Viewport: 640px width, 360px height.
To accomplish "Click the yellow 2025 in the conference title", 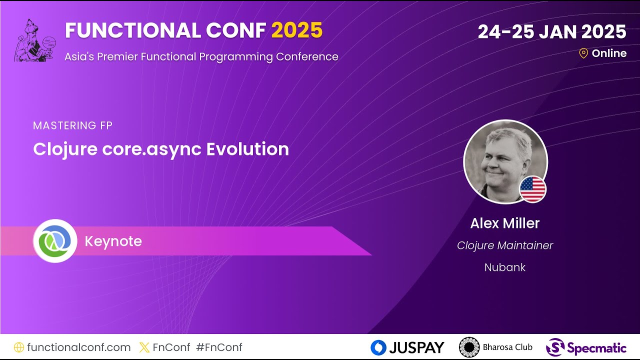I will (297, 31).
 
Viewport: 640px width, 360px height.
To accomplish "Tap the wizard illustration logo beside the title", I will (34, 41).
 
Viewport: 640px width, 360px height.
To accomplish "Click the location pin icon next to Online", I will (583, 53).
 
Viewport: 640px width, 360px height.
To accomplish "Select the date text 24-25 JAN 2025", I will (551, 32).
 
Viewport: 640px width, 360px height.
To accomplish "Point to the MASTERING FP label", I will (72, 125).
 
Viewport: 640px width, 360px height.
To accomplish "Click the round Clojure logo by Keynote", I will (55, 241).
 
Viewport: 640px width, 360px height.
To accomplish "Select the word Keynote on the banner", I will (113, 241).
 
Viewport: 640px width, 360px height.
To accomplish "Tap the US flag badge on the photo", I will (532, 189).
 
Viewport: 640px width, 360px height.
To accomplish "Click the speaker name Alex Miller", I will (504, 223).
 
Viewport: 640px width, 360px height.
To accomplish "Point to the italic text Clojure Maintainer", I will (505, 245).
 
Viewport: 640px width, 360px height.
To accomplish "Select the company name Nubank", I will (505, 267).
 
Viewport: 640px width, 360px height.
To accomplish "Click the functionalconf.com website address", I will (78, 347).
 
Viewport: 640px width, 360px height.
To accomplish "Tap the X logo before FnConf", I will (144, 347).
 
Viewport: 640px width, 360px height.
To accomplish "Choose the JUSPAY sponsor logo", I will (407, 347).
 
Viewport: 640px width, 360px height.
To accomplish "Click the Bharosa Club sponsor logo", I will (495, 347).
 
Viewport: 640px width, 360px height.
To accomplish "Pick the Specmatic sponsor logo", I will (586, 347).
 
